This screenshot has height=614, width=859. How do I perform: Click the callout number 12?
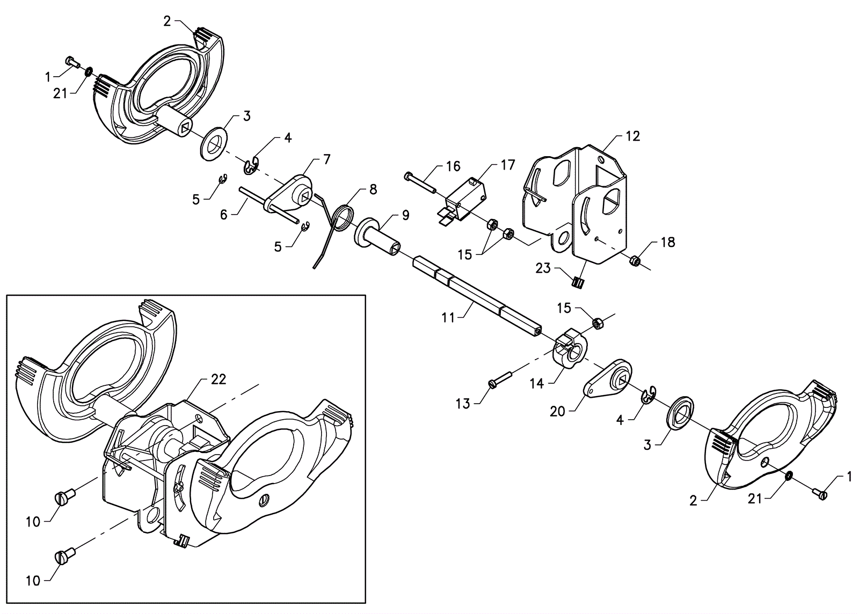(x=633, y=136)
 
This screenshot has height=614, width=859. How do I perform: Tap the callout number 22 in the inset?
(x=219, y=379)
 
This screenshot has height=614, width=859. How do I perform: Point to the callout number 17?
(x=508, y=165)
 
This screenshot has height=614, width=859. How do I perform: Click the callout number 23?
(x=543, y=268)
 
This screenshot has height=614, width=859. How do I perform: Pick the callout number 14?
(x=536, y=384)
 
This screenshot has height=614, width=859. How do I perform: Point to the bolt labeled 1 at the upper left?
(x=73, y=62)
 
